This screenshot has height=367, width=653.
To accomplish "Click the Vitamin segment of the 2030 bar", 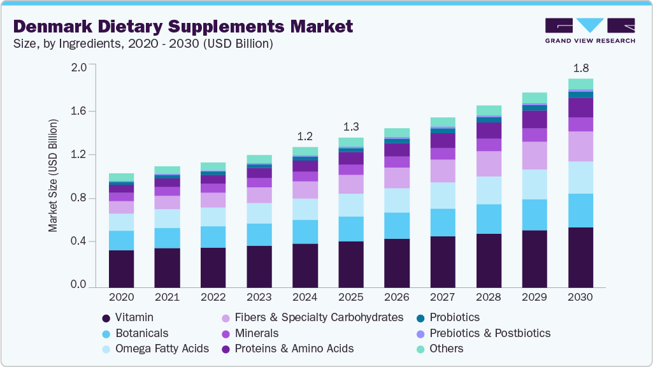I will pyautogui.click(x=580, y=257).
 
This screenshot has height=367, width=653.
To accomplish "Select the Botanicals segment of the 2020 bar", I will pyautogui.click(x=121, y=240).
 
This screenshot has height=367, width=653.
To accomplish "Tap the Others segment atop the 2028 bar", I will pyautogui.click(x=489, y=110).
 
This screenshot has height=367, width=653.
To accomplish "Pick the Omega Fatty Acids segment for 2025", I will pyautogui.click(x=351, y=205).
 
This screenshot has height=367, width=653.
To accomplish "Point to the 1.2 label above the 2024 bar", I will pyautogui.click(x=305, y=136).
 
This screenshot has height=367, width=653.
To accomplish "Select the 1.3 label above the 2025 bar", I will pyautogui.click(x=351, y=127).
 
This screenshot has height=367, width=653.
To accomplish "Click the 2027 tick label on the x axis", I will pyautogui.click(x=443, y=297).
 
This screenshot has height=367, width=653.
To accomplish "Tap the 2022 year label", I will pyautogui.click(x=213, y=297).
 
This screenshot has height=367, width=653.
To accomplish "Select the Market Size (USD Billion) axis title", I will pyautogui.click(x=54, y=175).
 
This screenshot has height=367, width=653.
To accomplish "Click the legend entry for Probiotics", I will pyautogui.click(x=454, y=317).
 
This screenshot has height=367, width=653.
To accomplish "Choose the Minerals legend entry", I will pyautogui.click(x=257, y=333).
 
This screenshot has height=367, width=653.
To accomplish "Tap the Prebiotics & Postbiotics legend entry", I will pyautogui.click(x=489, y=333).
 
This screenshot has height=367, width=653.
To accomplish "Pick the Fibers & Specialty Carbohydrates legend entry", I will pyautogui.click(x=319, y=317).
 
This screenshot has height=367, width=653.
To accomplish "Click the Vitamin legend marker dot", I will pyautogui.click(x=106, y=317).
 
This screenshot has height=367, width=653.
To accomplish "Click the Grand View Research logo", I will pyautogui.click(x=589, y=30).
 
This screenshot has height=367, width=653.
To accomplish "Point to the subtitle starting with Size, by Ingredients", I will pyautogui.click(x=143, y=44).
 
